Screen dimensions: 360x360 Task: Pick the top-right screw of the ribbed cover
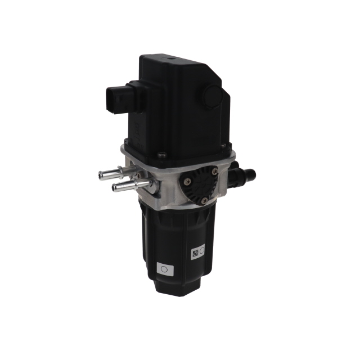coord(213,173)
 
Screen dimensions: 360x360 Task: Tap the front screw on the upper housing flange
coord(162,155)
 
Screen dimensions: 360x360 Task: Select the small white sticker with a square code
coord(198,253)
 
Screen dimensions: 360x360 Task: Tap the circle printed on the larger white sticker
coord(164,269)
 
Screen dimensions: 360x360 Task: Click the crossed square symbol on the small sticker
coord(195,253)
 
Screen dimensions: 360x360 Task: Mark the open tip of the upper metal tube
coord(101,175)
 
